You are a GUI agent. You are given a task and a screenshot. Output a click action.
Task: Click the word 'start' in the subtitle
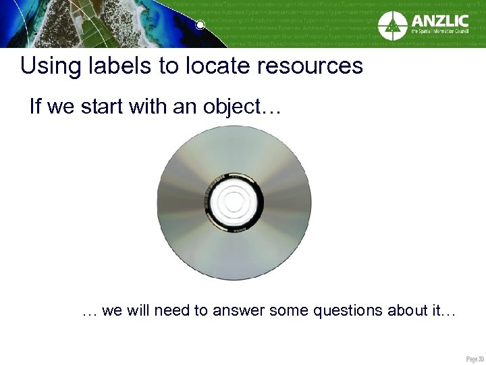108,107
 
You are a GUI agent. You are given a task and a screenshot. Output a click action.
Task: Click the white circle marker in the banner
200,26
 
